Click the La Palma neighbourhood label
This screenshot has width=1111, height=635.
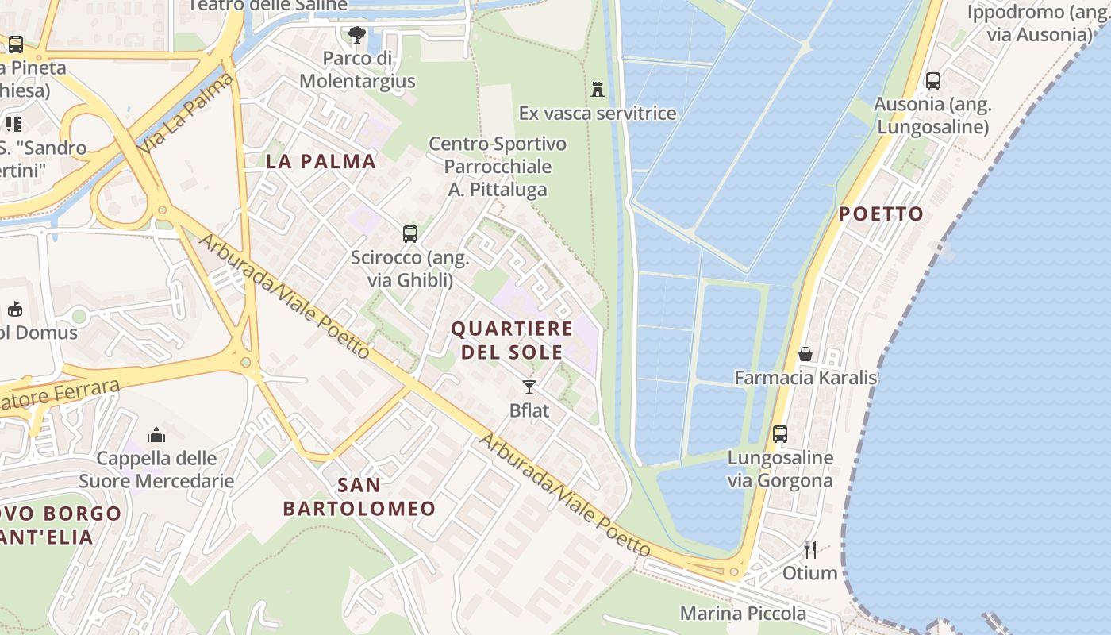point(321,161)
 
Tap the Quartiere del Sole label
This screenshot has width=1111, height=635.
point(512,340)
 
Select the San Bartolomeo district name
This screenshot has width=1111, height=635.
point(359,497)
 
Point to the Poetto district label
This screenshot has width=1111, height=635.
point(881,214)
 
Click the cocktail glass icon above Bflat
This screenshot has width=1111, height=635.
point(529,387)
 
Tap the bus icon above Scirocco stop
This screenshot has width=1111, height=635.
point(409,234)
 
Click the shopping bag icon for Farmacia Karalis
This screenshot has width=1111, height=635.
point(805,354)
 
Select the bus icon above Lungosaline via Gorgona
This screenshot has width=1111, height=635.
point(780,434)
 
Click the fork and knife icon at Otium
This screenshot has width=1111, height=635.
point(810,549)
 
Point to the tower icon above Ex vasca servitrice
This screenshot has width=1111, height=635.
point(598,89)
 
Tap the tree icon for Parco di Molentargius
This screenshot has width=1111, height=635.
point(357,35)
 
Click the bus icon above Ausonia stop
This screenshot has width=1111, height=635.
point(933,80)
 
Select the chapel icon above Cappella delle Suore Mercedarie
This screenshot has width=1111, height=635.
point(156,435)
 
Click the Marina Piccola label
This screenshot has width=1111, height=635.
point(743,613)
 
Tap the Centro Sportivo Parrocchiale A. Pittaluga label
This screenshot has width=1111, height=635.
point(498,167)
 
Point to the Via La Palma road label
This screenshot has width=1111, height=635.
point(186,113)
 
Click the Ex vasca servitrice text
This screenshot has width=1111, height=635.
point(598,113)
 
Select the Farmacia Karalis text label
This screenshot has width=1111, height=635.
point(805,378)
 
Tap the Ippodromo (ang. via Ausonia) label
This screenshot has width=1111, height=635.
point(1039,23)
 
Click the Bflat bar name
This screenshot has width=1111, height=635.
point(529,411)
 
